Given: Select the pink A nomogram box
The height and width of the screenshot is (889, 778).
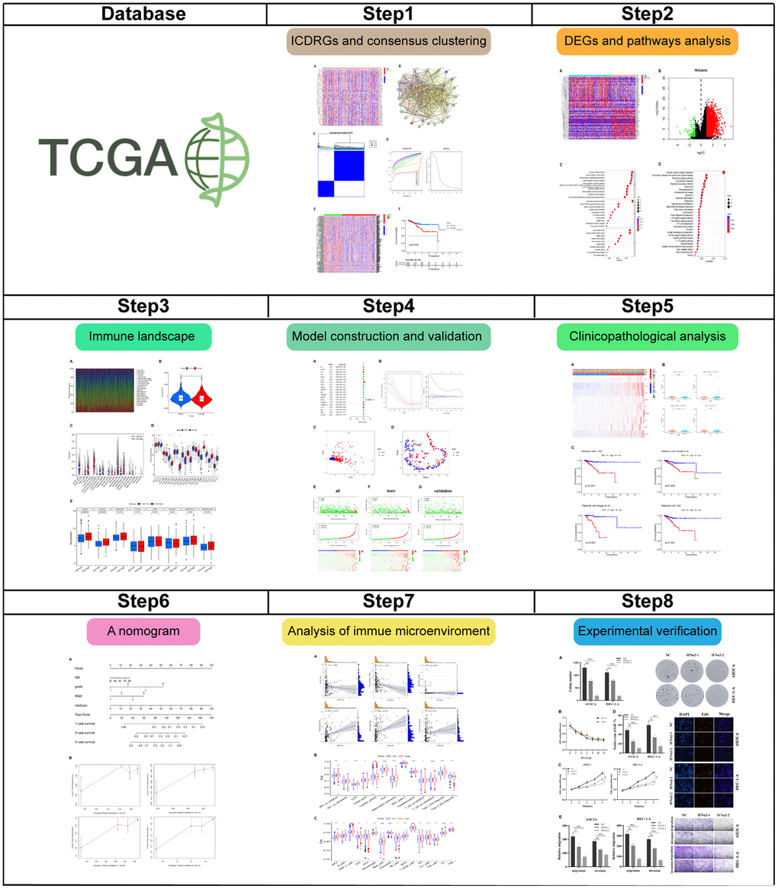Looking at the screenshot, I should (142, 631).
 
